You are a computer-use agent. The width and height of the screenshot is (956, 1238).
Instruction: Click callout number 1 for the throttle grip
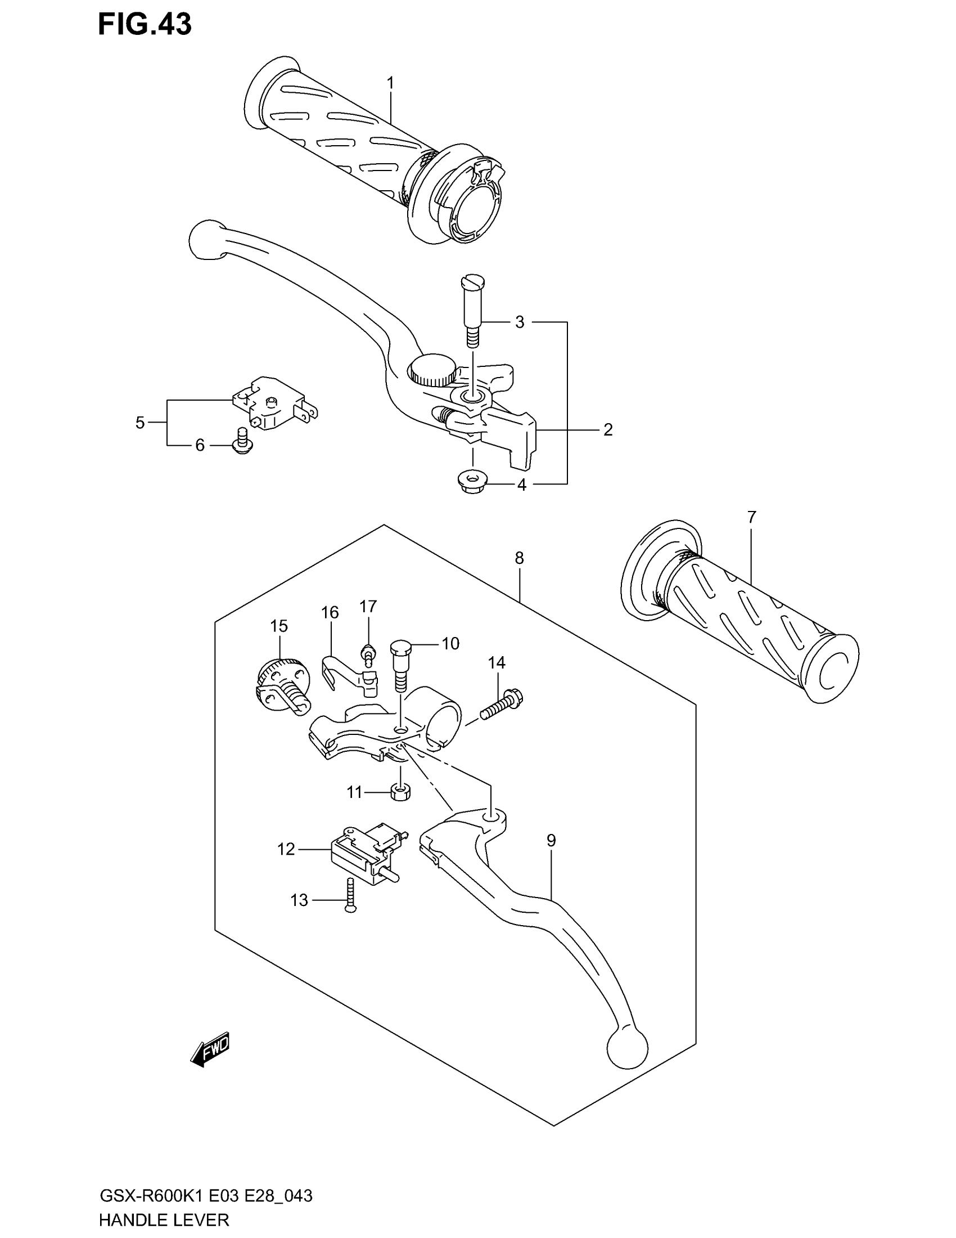coord(390,83)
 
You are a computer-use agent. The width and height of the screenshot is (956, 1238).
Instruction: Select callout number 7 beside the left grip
coord(751,517)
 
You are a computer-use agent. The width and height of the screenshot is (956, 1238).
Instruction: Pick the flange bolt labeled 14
coord(502,705)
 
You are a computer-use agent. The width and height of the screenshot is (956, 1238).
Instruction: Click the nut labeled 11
coord(400,792)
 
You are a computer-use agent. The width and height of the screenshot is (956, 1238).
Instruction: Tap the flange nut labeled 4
coord(469,482)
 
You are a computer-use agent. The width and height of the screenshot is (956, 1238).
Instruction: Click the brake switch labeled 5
coord(274,403)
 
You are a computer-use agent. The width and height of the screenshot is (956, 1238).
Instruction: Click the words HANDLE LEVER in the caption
coord(164,1220)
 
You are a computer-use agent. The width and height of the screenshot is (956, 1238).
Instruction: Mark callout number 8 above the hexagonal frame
coord(520,558)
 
